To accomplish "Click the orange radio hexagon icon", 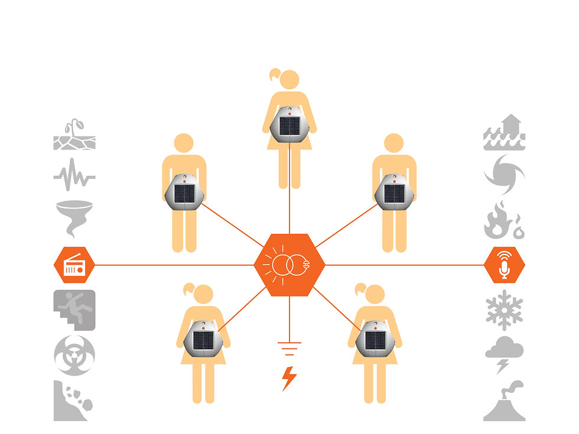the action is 74,265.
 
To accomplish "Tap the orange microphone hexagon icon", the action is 504,265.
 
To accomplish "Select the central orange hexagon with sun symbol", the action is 289,265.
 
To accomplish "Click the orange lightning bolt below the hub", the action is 289,378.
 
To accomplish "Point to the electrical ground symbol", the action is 289,349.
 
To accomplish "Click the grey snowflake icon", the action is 504,309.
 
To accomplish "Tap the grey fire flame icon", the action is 504,220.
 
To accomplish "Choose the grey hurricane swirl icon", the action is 504,174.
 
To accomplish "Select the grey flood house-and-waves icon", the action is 504,132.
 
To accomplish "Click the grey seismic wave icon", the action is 74,175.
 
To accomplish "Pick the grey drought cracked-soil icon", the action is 74,135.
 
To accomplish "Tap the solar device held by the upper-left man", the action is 184,192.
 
